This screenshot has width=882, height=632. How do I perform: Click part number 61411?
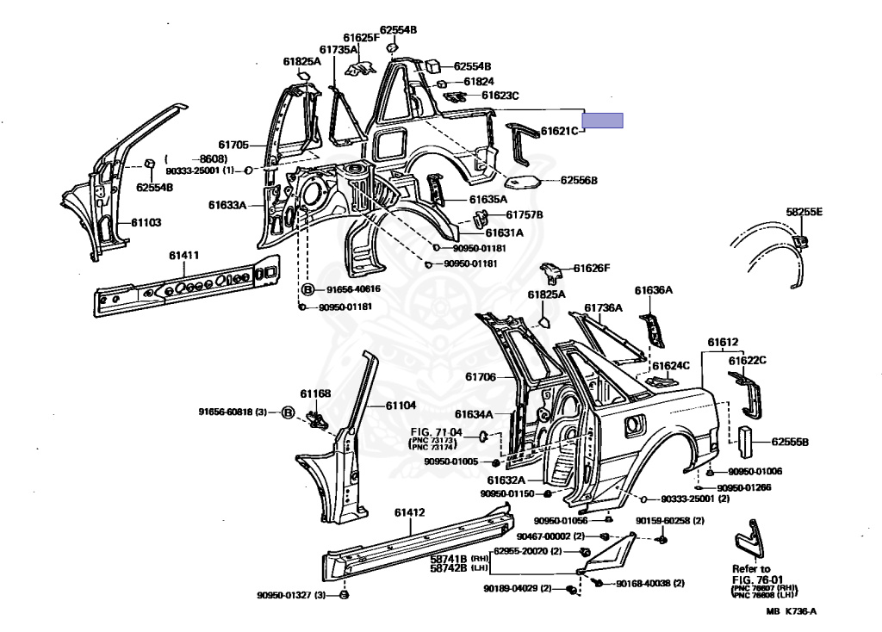click(183, 255)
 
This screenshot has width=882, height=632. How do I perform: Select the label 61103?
click(146, 222)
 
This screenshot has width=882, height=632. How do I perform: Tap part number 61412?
click(410, 513)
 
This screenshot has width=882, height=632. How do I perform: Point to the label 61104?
click(401, 406)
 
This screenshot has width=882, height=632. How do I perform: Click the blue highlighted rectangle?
click(603, 121)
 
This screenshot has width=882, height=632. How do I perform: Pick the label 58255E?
click(804, 211)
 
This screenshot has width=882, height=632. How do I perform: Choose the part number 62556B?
click(579, 181)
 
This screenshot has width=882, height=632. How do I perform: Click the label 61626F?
click(592, 268)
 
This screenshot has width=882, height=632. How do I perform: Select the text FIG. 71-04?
click(436, 432)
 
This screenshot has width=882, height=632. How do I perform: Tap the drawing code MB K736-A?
click(792, 612)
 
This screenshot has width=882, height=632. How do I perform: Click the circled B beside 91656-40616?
click(308, 289)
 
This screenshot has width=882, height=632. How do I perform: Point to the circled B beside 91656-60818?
click(288, 412)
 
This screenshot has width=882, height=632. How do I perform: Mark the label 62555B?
click(790, 442)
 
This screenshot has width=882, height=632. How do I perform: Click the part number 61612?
click(724, 342)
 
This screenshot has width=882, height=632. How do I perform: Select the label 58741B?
click(448, 557)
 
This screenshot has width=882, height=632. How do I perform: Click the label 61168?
click(316, 393)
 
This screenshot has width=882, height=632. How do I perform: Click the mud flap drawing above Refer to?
click(748, 538)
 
